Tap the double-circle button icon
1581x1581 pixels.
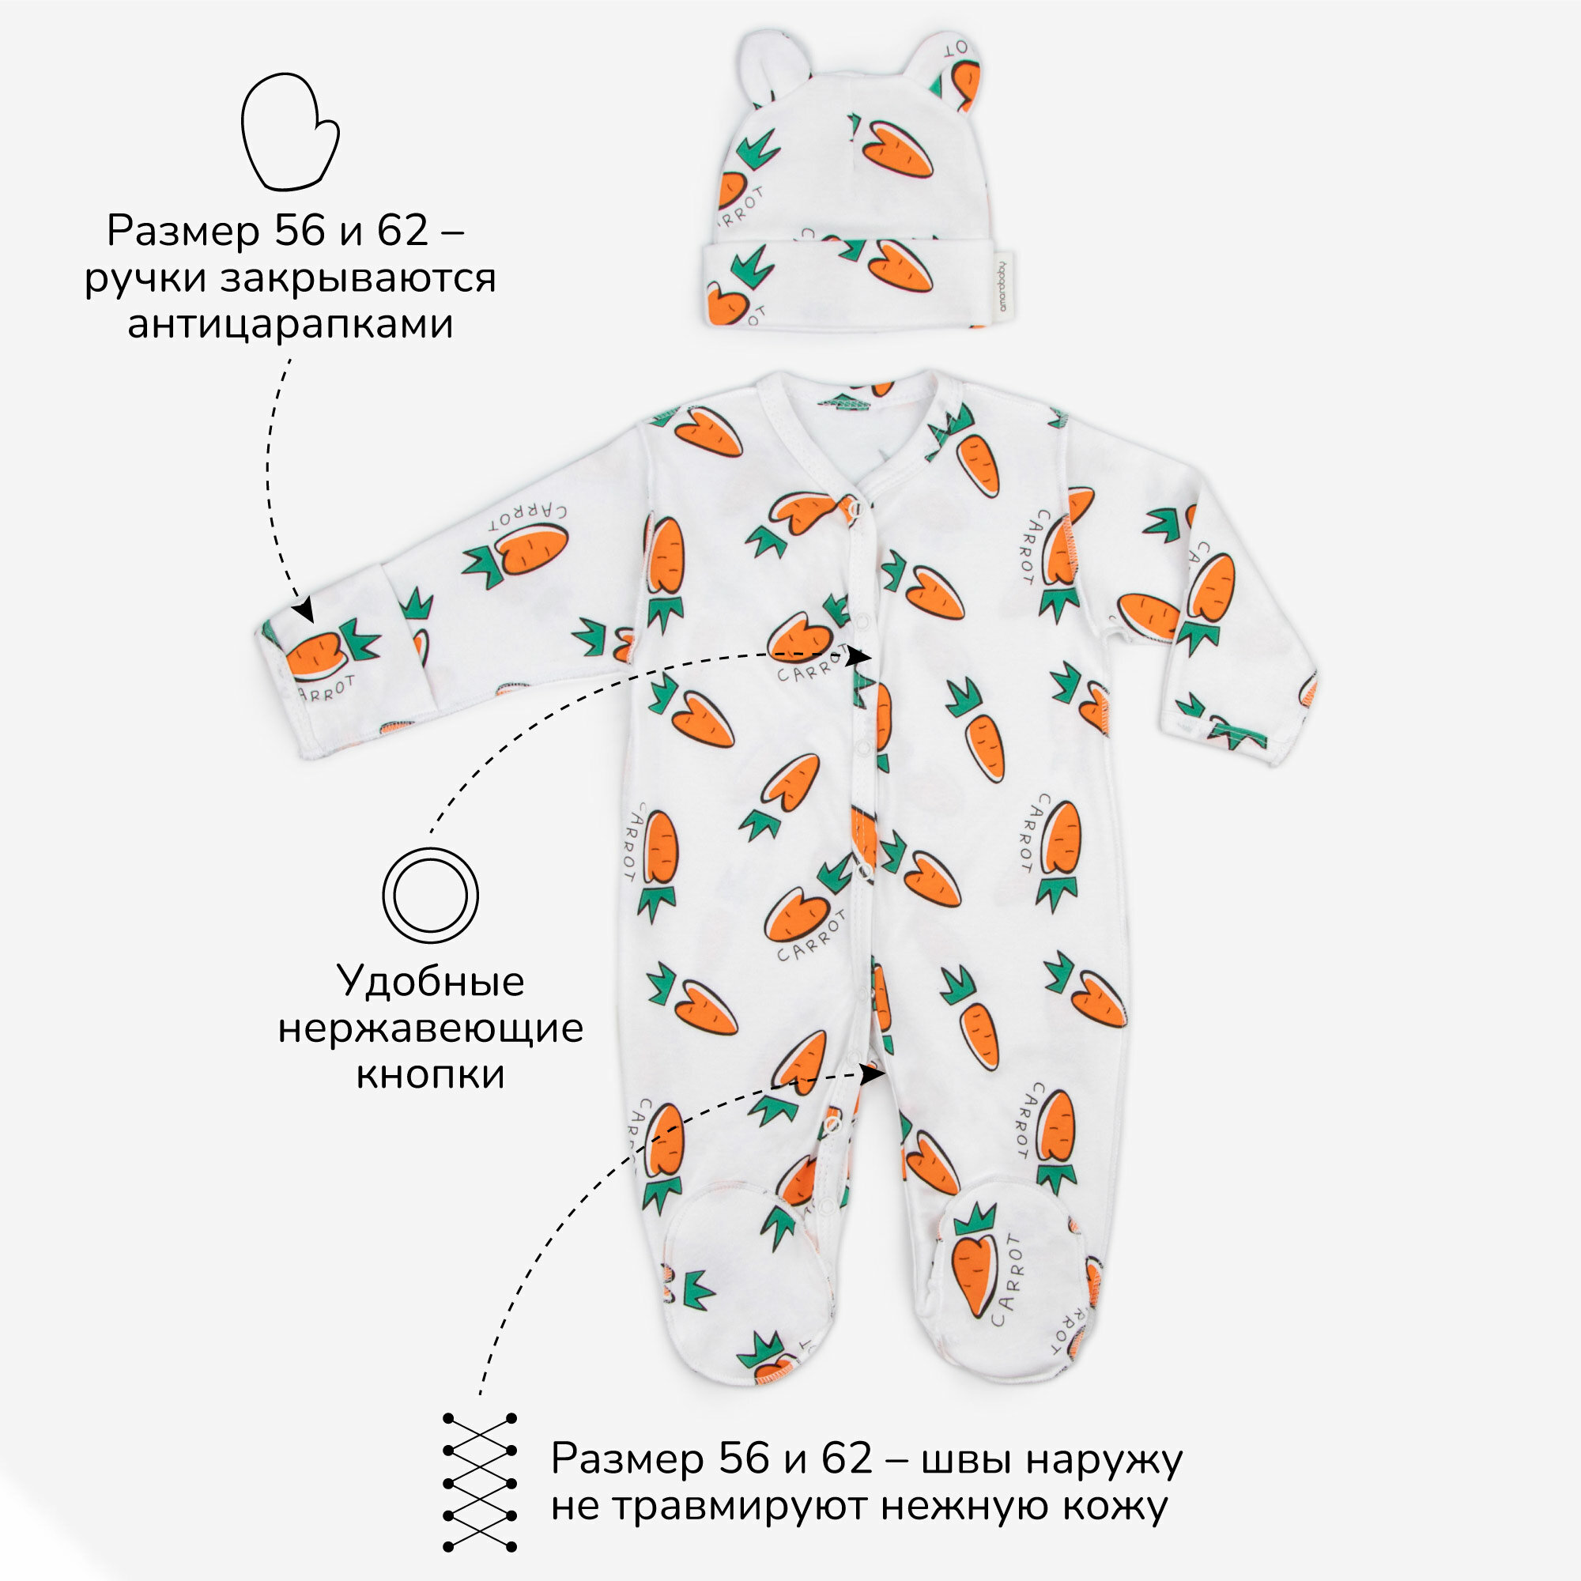(431, 896)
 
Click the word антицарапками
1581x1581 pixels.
(290, 324)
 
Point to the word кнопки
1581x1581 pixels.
(431, 1074)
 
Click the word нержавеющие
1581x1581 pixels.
(431, 1028)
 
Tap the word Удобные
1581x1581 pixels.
(431, 981)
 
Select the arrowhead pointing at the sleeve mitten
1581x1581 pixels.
(304, 609)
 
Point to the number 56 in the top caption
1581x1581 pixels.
(300, 232)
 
